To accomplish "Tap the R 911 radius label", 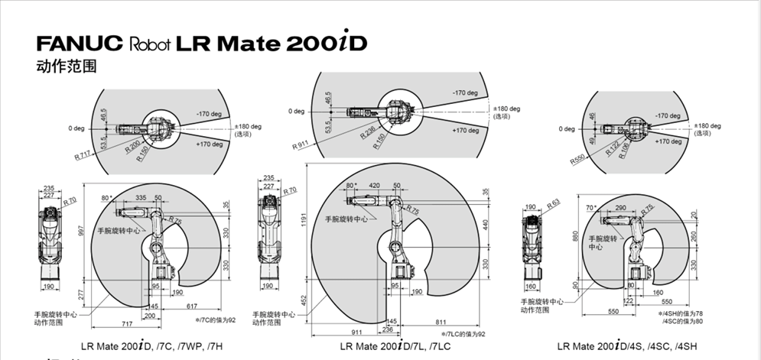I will click(x=301, y=144).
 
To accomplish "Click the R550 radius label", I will click(x=578, y=158).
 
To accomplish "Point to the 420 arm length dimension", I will click(x=374, y=186).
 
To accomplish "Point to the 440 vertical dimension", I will click(x=485, y=225).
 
